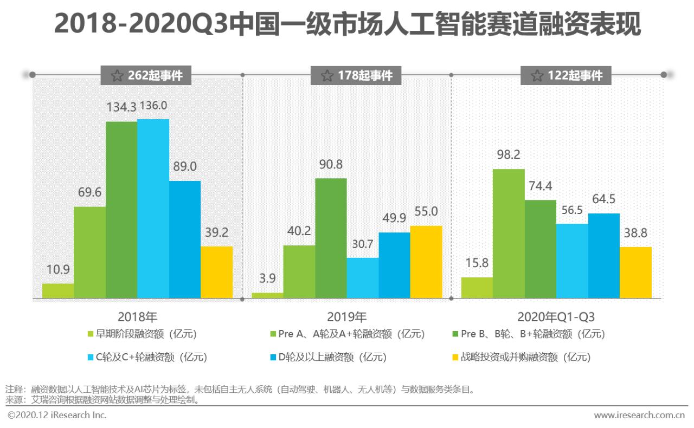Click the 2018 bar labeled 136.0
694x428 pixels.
point(153,209)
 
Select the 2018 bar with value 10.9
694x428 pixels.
point(58,291)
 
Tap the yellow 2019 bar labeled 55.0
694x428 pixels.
point(426,262)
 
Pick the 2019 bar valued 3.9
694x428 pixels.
point(268,295)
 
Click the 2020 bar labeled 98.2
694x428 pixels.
point(509,234)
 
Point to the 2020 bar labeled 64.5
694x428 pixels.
point(603,256)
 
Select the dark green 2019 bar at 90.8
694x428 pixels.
point(331,238)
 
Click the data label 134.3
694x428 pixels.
point(121,107)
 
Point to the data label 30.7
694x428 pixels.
point(362,244)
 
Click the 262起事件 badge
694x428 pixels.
point(146,75)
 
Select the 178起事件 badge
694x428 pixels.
point(356,75)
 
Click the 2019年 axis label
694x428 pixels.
point(347,317)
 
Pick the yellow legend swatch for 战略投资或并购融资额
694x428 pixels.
point(455,357)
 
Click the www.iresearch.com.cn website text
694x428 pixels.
point(640,416)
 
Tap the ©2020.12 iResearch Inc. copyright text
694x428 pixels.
point(57,415)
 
